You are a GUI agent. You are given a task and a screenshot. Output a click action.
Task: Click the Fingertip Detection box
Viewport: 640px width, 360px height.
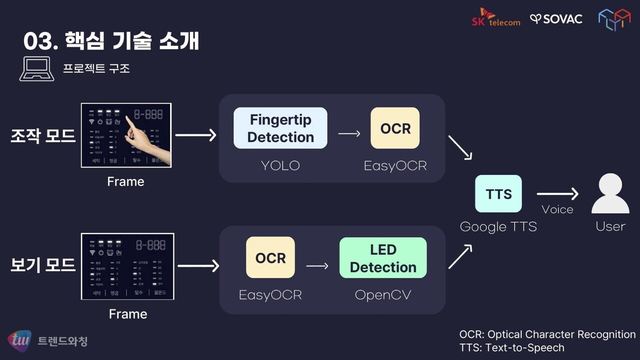[x=280, y=128]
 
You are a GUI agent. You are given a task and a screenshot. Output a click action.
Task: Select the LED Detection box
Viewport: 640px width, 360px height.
[x=383, y=258]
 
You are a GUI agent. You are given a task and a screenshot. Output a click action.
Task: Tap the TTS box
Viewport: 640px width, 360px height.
[x=498, y=193]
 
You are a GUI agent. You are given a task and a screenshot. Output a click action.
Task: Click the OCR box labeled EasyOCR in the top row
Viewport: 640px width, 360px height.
[x=395, y=128]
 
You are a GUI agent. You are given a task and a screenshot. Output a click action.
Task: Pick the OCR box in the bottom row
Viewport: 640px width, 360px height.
[x=270, y=257]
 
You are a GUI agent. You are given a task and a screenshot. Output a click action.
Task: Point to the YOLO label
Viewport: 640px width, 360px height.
[x=280, y=165]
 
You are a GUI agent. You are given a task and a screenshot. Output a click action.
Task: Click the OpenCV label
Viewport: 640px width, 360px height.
[x=383, y=295]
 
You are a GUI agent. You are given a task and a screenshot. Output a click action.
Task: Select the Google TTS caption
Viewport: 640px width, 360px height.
[x=498, y=226]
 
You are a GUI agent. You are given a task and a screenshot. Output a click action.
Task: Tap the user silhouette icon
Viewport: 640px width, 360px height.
[x=610, y=194]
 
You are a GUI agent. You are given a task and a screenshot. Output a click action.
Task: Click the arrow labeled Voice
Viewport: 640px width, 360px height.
[x=557, y=194]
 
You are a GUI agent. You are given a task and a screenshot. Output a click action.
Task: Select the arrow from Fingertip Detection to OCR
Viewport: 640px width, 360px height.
[x=349, y=133]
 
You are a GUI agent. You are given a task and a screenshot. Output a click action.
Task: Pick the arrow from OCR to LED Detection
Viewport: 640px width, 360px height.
[x=317, y=266]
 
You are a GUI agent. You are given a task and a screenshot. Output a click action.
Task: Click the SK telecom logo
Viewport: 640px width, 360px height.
[x=496, y=17]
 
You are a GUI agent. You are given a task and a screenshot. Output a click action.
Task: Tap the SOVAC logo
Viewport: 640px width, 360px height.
[x=556, y=19]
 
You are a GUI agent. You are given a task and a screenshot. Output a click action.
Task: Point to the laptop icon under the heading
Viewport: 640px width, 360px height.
[x=36, y=69]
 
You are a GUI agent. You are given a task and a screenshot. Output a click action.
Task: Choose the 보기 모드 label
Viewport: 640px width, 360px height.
[x=43, y=265]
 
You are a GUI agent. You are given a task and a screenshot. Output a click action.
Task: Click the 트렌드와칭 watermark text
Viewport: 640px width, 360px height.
[x=62, y=341]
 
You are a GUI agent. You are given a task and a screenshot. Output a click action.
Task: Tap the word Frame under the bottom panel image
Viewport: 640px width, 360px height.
[x=128, y=314]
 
